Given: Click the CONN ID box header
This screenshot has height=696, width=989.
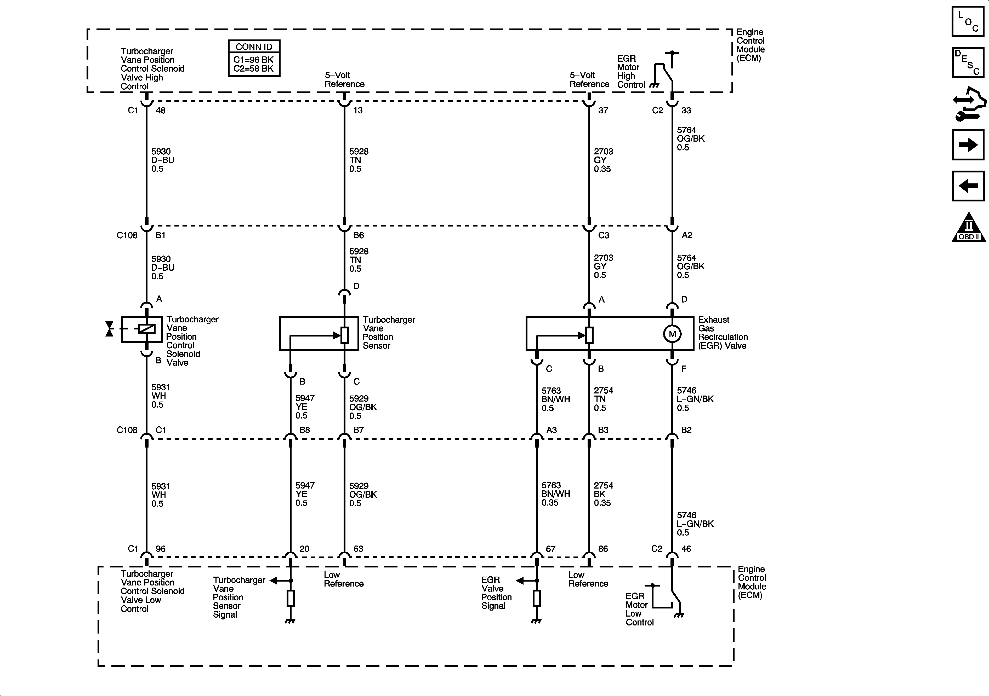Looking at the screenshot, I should coord(254,47).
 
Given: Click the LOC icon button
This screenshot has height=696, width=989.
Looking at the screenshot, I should coord(968,21).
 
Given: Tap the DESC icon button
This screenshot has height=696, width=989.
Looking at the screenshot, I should coord(968,62).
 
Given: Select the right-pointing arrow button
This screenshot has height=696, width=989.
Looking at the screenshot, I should coord(968,145).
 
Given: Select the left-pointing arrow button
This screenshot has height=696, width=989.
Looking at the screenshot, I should coord(968,186).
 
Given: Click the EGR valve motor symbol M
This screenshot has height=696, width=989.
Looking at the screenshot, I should coord(672,334).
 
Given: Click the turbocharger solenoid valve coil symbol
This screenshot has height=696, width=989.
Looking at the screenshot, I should coord(146,329).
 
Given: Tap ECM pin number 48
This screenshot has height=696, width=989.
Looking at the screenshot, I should coord(161,111).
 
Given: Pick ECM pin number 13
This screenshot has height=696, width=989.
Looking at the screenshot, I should coord(358,111).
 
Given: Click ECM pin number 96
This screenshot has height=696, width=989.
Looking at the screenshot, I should coord(161,549).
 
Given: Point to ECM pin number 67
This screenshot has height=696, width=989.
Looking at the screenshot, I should coord(550,549).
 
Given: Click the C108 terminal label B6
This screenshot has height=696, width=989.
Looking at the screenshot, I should coord(358,235).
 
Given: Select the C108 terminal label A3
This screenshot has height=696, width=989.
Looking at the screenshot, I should coord(551,430).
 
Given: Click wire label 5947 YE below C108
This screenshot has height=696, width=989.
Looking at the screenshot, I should coord(305,494).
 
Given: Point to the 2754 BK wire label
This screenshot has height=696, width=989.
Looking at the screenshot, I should coord(603,494).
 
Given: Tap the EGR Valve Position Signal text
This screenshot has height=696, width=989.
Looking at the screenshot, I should coord(496,593).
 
